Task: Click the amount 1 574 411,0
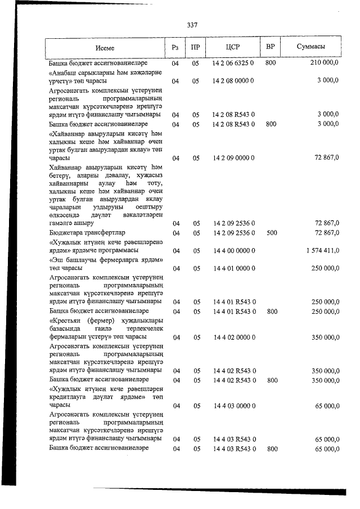[x=319, y=251]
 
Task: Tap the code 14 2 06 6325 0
[x=233, y=64]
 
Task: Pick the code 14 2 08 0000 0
[x=233, y=82]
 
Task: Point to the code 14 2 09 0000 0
[x=233, y=159]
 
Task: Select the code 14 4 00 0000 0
[x=233, y=251]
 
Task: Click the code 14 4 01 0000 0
[x=233, y=269]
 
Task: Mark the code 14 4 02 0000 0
[x=233, y=337]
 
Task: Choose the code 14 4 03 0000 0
[x=233, y=406]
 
